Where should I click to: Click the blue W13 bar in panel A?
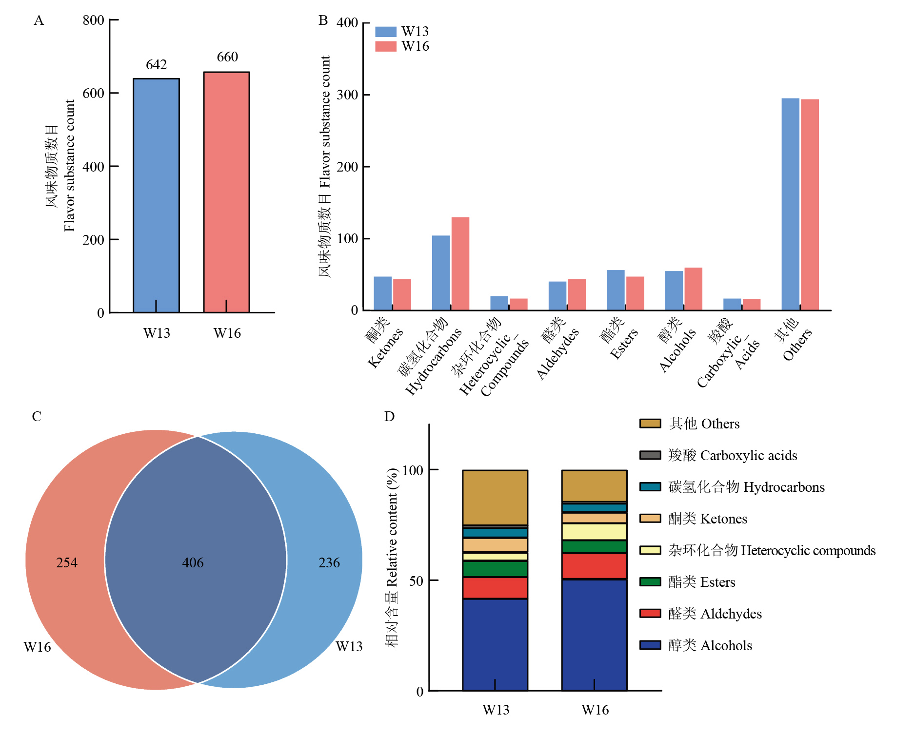[156, 195]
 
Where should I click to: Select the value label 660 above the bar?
[227, 57]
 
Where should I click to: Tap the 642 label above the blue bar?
[156, 65]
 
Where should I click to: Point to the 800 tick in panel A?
[94, 20]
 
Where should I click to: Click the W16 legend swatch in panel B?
[385, 46]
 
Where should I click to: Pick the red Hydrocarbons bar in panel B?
[460, 263]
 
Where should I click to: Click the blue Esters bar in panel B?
[616, 290]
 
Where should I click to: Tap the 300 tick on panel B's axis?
[348, 95]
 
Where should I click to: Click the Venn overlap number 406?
[193, 563]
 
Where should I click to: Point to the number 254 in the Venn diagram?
[67, 563]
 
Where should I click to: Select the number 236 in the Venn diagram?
[329, 563]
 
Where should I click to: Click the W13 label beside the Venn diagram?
[349, 647]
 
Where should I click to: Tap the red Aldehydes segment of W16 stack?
[594, 566]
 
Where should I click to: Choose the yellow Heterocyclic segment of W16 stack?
[594, 532]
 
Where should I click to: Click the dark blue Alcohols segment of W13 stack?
[495, 643]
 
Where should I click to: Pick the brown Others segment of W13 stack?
[495, 497]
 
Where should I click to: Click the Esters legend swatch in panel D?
[650, 582]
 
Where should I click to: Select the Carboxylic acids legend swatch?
[650, 455]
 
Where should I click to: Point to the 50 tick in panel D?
[416, 581]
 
